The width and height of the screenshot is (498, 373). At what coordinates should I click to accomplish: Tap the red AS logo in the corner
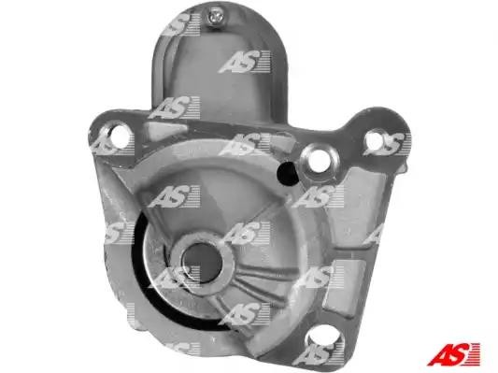click(454, 353)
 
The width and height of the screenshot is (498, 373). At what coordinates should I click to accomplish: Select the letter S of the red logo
click(456, 353)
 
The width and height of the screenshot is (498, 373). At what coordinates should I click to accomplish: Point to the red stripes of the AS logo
click(473, 354)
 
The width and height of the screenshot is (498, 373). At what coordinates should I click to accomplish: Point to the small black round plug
click(288, 174)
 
